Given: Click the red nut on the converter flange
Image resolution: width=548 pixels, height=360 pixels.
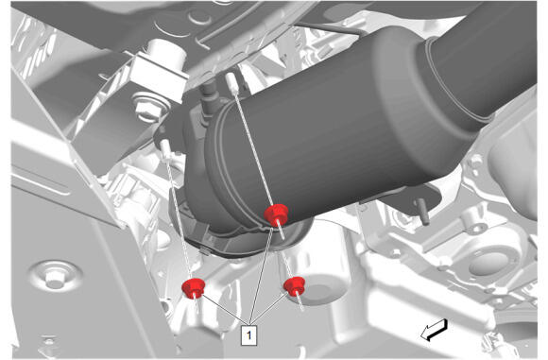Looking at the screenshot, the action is point(276,214).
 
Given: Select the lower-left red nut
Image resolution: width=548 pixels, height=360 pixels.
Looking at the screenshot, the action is point(194,288).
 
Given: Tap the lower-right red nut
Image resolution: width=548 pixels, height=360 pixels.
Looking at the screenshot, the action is point(294,286).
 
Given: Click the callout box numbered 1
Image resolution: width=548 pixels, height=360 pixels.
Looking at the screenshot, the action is point(248,335).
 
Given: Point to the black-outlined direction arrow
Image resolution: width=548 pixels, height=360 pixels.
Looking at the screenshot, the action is point(434,330).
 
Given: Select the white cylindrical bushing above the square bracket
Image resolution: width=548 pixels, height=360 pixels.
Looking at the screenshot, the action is point(165,53).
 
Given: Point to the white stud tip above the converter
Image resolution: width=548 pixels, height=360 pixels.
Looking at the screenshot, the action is point(232,82).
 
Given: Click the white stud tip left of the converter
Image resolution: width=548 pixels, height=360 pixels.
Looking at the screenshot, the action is point(165,147).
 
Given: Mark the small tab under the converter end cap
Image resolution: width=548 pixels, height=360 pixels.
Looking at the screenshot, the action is point(205,251).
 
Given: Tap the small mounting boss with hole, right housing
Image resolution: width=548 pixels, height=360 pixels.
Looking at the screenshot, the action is point(475,162).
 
